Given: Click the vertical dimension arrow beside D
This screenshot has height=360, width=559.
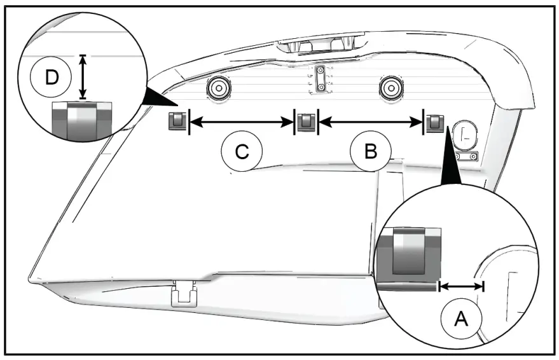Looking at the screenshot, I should (83, 77).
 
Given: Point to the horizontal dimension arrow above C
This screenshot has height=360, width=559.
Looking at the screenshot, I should (242, 121).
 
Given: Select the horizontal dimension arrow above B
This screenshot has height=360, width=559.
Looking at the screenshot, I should (371, 121).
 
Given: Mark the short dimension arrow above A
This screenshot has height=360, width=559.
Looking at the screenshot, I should (461, 286).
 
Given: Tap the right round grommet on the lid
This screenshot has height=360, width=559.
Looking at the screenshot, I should (391, 87).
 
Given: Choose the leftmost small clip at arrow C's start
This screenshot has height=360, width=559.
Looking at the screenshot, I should (177, 120).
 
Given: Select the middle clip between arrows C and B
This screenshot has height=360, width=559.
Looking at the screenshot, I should (307, 121).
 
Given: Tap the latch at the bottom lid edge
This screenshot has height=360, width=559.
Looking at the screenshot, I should (184, 294).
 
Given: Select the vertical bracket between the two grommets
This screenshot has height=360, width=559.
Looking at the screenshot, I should (321, 81).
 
